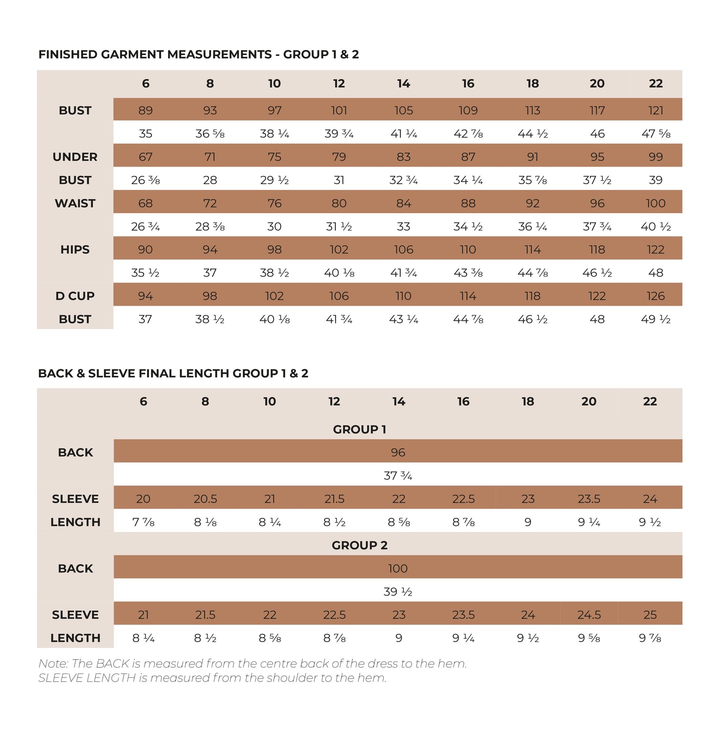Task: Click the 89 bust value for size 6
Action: pyautogui.click(x=145, y=110)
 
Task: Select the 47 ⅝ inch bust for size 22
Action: pyautogui.click(x=655, y=134)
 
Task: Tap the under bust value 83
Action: pyautogui.click(x=403, y=157)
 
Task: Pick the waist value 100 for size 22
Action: pyautogui.click(x=655, y=203)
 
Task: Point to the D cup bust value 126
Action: pyautogui.click(x=655, y=296)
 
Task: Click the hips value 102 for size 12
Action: pyautogui.click(x=339, y=249)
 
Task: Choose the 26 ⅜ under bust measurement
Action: pyautogui.click(x=145, y=180)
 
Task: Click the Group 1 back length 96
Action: pyautogui.click(x=398, y=452)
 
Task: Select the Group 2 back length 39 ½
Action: pyautogui.click(x=398, y=591)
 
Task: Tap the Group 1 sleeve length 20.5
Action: pyautogui.click(x=205, y=499)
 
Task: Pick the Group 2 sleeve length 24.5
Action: pyautogui.click(x=589, y=614)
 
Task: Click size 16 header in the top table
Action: pyautogui.click(x=468, y=84)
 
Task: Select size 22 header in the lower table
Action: pyautogui.click(x=649, y=401)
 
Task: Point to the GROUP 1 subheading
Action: pyautogui.click(x=359, y=429)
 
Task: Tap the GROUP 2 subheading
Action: pyautogui.click(x=359, y=545)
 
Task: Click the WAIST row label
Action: pyautogui.click(x=75, y=203)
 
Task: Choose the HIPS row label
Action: pyautogui.click(x=75, y=249)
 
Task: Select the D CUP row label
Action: pyautogui.click(x=75, y=296)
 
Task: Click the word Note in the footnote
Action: pyautogui.click(x=53, y=663)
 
